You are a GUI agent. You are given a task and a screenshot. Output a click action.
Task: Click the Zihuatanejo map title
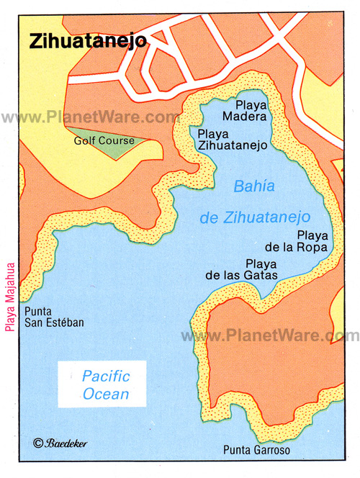88,41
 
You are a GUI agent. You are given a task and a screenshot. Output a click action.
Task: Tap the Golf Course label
104,140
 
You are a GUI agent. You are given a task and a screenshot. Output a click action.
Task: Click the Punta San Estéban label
54,317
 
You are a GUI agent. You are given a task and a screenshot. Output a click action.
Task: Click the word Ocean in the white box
105,394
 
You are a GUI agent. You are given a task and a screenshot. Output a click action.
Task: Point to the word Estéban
65,323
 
